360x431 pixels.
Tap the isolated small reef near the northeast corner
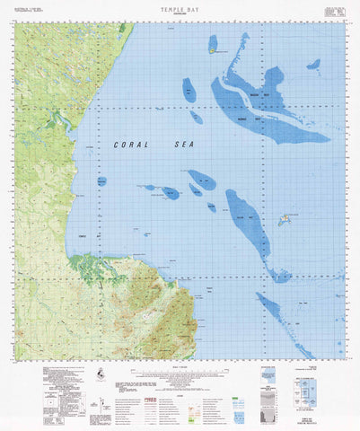pyautogui.click(x=313, y=65)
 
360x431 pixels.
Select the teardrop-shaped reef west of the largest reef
pyautogui.click(x=189, y=91)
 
